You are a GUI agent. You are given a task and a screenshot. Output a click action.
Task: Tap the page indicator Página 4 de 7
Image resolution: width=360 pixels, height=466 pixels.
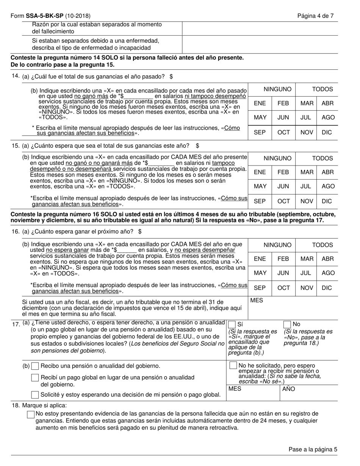(x=315, y=16)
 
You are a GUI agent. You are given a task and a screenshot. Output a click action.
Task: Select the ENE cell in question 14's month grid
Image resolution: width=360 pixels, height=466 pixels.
(x=260, y=103)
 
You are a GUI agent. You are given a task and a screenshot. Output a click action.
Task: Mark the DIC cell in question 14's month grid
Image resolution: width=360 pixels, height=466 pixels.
(x=327, y=132)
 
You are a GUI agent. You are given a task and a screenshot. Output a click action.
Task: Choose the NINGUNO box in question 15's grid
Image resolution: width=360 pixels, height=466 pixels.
(x=277, y=158)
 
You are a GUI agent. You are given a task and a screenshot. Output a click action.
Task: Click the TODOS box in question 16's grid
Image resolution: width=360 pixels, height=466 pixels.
(x=322, y=245)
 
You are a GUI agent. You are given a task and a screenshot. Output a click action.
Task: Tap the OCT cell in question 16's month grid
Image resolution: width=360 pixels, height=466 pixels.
(x=283, y=288)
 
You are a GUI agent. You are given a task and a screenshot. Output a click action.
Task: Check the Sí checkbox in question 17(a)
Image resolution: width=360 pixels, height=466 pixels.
(x=232, y=324)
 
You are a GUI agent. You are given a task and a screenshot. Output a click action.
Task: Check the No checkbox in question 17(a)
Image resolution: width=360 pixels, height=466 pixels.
(x=287, y=324)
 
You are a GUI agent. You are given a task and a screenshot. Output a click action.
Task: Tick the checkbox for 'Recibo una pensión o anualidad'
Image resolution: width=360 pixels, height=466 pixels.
(x=35, y=366)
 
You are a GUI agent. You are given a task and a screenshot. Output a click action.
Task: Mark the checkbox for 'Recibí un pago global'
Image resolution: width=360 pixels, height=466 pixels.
(x=35, y=377)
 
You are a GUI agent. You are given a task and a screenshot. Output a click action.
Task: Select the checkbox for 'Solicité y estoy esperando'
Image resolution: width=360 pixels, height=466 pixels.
(x=35, y=395)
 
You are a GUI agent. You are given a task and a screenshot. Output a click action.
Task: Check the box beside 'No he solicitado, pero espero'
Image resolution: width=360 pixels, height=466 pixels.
(x=233, y=366)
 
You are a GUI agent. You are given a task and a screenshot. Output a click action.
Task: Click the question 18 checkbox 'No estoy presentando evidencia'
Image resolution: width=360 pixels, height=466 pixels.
(x=31, y=414)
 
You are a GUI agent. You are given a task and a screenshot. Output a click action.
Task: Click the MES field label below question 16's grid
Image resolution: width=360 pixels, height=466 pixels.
(x=257, y=300)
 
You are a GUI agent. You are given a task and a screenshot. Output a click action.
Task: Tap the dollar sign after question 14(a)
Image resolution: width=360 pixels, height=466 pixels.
(x=171, y=77)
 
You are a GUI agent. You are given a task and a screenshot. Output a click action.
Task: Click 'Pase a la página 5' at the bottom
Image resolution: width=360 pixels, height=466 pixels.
(x=313, y=449)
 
